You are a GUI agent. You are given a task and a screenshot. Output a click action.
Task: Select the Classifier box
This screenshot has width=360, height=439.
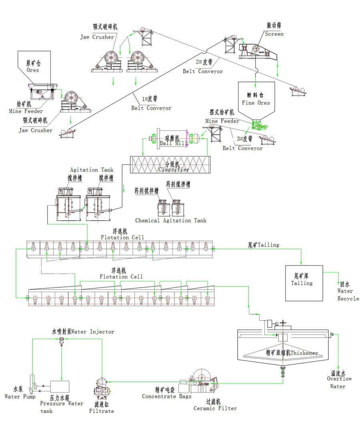point(170,164)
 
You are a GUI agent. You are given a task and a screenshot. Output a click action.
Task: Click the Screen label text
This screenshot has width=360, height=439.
point(274,34)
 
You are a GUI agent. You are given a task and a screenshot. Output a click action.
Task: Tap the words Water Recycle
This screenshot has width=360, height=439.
point(348,295)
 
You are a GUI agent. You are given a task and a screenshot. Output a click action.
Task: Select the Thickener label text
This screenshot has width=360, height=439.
point(292,353)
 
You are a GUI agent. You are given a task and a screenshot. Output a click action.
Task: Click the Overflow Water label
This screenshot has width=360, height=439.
point(339,382)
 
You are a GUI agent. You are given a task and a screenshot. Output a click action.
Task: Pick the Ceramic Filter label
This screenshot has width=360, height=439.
point(215,408)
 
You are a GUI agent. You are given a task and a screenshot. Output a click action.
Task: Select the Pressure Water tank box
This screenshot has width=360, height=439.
point(59,387)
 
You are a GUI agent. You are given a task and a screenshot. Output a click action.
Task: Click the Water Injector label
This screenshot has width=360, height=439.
point(83,331)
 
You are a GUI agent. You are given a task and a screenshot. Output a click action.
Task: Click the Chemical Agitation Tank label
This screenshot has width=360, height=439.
point(171,221)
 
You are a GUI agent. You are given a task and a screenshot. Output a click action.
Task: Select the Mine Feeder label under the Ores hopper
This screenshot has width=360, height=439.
point(26,111)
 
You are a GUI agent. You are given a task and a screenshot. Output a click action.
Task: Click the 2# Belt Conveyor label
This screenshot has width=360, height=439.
point(203,71)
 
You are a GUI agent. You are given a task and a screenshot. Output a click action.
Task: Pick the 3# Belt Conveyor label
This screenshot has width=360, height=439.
point(242,148)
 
